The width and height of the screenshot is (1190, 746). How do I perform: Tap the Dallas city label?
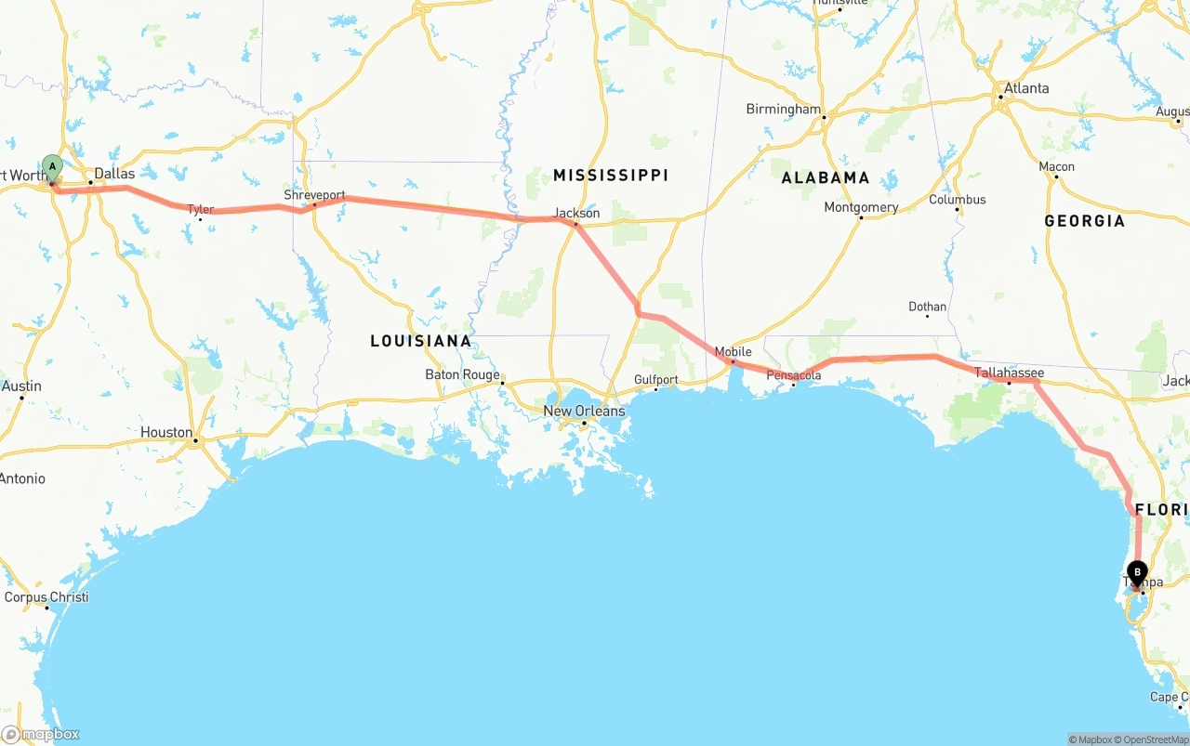[114, 174]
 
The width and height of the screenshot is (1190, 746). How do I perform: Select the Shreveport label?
[314, 196]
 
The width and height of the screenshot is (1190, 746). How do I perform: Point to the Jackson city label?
[576, 213]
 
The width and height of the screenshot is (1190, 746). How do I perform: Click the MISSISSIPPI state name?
[610, 176]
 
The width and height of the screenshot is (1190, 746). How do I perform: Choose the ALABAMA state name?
[825, 177]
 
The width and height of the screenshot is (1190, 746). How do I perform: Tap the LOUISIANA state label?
[421, 341]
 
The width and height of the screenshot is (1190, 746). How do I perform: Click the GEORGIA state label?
[1084, 221]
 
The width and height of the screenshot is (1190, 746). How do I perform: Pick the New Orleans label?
[584, 411]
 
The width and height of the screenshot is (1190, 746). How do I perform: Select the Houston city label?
[166, 432]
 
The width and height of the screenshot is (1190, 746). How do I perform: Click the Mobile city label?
[733, 352]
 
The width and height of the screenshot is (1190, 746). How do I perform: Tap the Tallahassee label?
[1009, 373]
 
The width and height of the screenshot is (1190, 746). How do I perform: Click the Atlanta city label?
[1025, 88]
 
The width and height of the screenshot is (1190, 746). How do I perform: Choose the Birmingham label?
[784, 109]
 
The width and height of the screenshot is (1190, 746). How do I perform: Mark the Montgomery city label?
[861, 207]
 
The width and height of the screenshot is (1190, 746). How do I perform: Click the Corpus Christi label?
[46, 596]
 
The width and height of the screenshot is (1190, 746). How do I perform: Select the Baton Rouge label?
[462, 374]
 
